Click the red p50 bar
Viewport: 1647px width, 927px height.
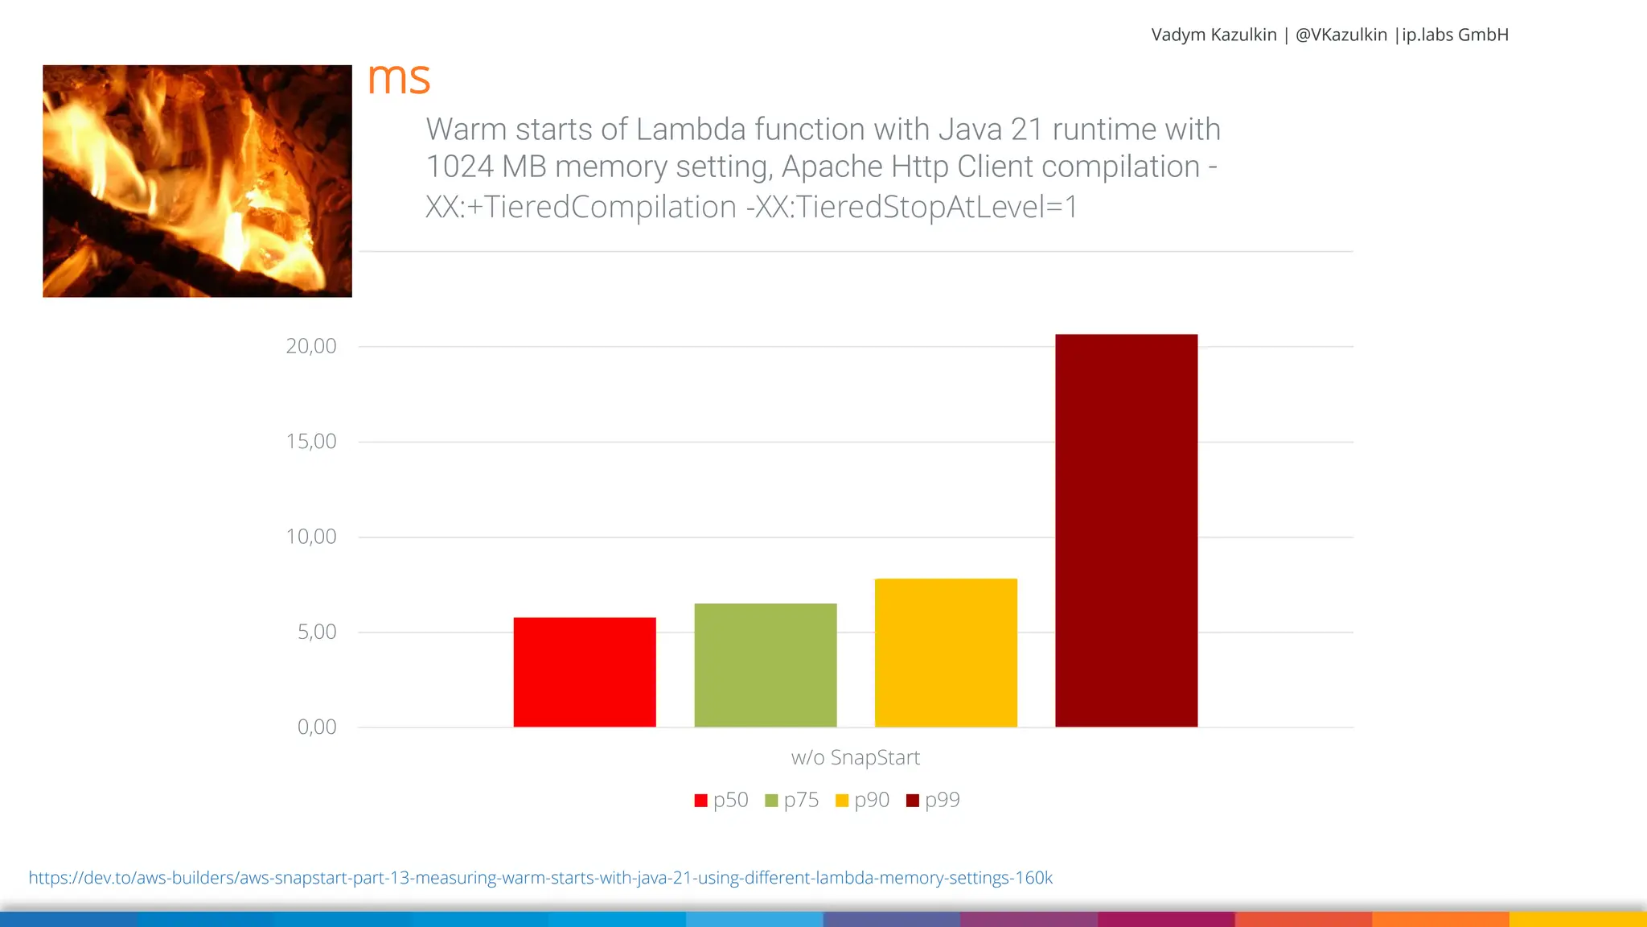tap(585, 672)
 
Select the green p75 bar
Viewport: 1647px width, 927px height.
tap(766, 665)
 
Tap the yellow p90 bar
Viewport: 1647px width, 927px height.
tap(946, 653)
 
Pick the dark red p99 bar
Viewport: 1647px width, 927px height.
tap(1126, 530)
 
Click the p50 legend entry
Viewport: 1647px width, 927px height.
tap(721, 800)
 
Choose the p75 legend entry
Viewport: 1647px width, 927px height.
tap(792, 800)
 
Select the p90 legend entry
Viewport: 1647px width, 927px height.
tap(863, 800)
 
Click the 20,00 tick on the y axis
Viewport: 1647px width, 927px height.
tap(311, 346)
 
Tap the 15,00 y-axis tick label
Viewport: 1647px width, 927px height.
tap(311, 441)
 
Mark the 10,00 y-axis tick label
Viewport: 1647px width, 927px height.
tap(311, 537)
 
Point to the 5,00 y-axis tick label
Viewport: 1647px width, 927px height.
tap(317, 632)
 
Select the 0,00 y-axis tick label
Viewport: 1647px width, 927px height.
tap(317, 727)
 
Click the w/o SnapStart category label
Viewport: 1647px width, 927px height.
tap(855, 757)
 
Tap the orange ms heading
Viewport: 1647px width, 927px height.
tap(399, 79)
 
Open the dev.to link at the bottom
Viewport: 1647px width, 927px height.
tap(540, 878)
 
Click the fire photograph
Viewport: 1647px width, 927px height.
tap(197, 181)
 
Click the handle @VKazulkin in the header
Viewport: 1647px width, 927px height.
tap(1341, 35)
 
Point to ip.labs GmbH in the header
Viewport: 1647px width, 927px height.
tap(1455, 35)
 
